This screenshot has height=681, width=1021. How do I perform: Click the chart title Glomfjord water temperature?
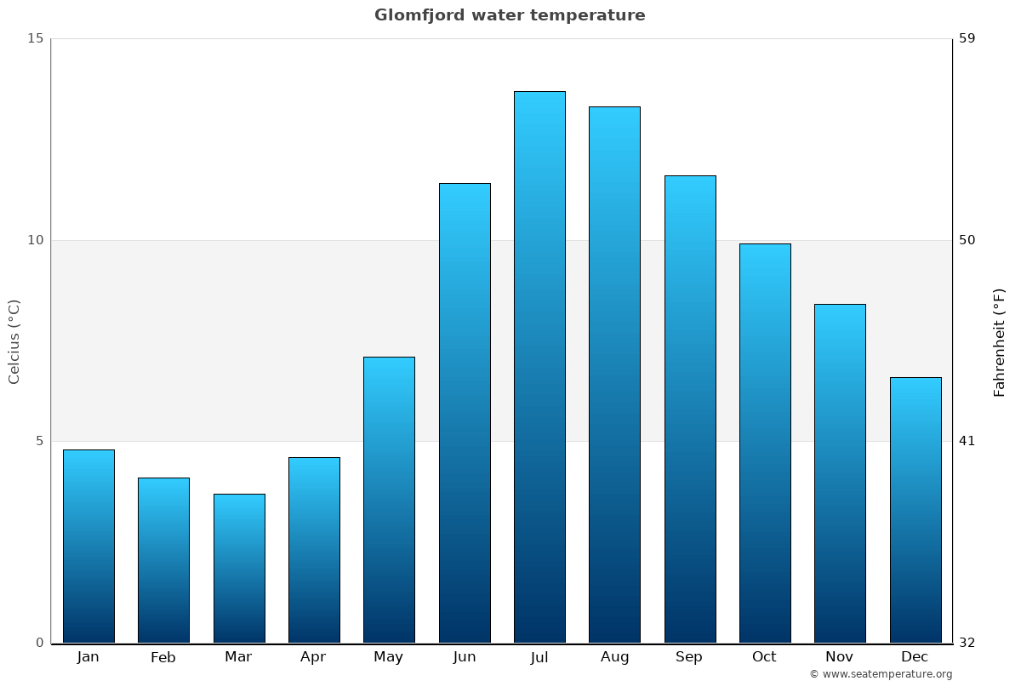coord(510,15)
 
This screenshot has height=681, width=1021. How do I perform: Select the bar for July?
coord(539,366)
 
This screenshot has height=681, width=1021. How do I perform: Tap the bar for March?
coord(239,568)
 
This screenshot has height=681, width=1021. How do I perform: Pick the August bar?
coord(614,375)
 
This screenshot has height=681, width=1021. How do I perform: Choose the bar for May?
coord(389,500)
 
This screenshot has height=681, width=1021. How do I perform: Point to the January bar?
coord(88,546)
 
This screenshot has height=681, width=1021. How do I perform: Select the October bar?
coord(765,443)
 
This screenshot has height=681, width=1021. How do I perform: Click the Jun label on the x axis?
coord(465,657)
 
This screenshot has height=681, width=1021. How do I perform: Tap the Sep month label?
coord(689,657)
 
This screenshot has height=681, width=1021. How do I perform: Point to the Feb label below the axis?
coord(163,657)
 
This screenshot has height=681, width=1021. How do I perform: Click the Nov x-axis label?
coord(840,657)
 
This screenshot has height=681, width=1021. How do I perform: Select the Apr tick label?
coord(313,657)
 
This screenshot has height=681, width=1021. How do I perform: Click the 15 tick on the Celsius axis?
coord(35,38)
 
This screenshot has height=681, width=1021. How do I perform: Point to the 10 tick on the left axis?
coord(35,240)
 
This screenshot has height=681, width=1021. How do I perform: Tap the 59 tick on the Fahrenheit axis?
coord(967,38)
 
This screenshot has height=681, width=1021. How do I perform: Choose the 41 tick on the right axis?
coord(967,441)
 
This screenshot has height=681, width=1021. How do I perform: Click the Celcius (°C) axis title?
coord(14,341)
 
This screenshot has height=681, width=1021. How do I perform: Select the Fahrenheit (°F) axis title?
coord(1000,342)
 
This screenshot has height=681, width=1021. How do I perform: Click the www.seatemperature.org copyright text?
coord(881,674)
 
